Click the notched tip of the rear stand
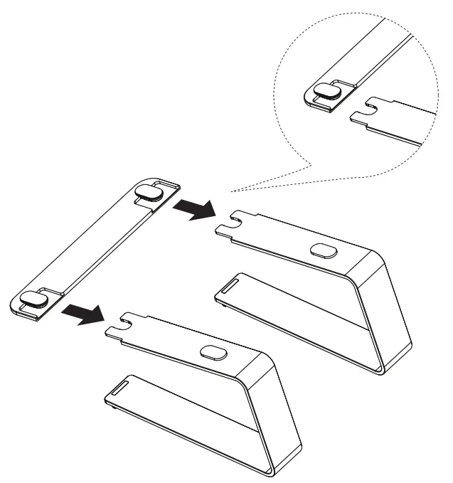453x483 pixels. click(x=225, y=226)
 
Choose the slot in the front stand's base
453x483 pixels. click(x=119, y=387)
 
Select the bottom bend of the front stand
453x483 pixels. click(x=274, y=470)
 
